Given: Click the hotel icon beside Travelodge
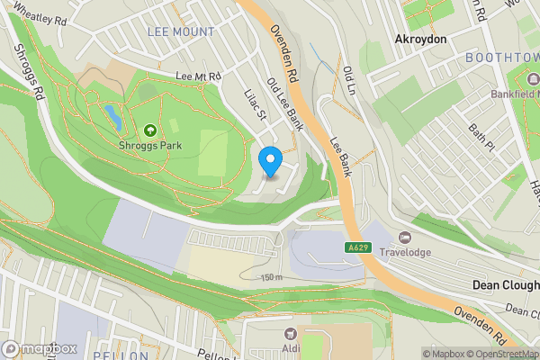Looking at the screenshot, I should (404, 238).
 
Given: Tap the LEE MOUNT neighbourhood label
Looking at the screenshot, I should (181, 31).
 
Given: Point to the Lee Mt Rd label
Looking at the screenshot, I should (198, 77).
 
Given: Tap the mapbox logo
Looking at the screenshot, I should (40, 348).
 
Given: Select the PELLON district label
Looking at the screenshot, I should (121, 355).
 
